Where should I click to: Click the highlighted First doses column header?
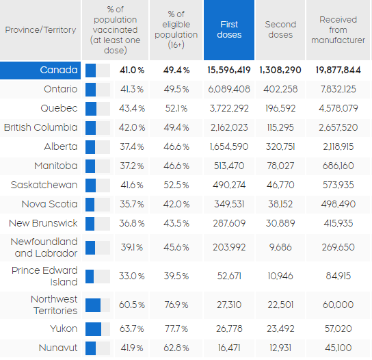coord(229,30)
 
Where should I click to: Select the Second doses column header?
coord(280,30)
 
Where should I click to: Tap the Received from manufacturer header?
coord(338,30)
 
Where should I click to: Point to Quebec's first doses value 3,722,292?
coord(229,109)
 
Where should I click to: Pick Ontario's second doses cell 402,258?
coord(280,89)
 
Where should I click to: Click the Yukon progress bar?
coord(98,329)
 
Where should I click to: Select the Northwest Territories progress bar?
coord(98,305)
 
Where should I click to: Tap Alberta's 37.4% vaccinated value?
coord(132,146)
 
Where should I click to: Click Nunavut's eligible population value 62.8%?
coord(176,348)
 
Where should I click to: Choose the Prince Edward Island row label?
coord(44,277)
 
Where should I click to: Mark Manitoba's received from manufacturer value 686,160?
coord(338,166)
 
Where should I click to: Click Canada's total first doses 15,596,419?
coord(229,70)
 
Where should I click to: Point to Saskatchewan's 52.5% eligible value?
coord(176,185)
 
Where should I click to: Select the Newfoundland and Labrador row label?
coord(44,248)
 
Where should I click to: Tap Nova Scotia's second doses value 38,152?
coord(280,204)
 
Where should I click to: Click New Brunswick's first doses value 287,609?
coord(229,223)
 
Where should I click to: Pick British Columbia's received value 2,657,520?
coord(338,127)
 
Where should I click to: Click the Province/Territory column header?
coord(40,30)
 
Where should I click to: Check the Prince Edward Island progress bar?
coord(98,277)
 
